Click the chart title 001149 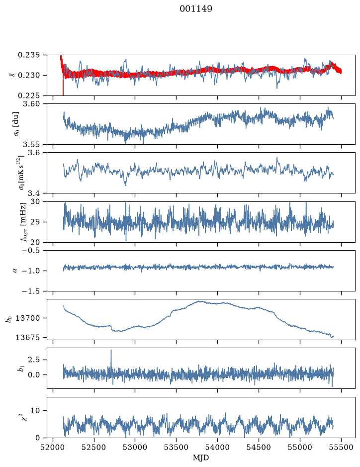(x=196, y=9)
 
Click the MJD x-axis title (x=201, y=458)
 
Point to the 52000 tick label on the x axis (x=53, y=447)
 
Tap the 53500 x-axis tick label (x=177, y=447)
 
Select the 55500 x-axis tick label (x=341, y=447)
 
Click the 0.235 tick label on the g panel (x=28, y=55)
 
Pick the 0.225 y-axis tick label (x=28, y=95)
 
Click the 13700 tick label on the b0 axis (x=28, y=318)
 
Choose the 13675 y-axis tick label (x=28, y=337)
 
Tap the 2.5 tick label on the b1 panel (x=33, y=360)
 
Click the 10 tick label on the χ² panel (x=35, y=411)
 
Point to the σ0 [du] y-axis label (x=15, y=124)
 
